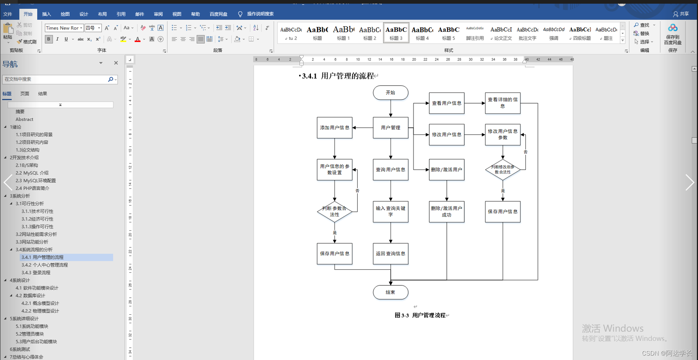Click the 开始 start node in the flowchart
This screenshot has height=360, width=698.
390,93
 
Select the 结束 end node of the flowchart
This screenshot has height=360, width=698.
390,292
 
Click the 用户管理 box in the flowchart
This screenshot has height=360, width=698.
390,128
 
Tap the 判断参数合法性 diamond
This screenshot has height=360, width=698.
334,212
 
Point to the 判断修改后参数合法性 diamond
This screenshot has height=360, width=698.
503,170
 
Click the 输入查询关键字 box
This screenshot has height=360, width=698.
390,212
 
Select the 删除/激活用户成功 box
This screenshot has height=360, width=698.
446,212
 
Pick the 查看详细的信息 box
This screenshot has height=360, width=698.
503,103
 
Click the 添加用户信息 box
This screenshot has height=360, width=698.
334,128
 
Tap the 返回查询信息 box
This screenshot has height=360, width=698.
390,254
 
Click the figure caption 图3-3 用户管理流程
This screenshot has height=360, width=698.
420,315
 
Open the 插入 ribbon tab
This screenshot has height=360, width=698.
47,14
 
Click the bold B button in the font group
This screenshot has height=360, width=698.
49,39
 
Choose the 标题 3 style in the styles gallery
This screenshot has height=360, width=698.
396,33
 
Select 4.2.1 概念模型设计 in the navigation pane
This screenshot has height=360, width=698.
40,303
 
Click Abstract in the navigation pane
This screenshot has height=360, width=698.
24,119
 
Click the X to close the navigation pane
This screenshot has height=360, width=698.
116,63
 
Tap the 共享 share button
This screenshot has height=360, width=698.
681,14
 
